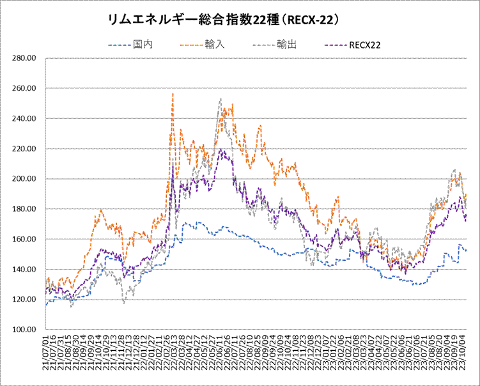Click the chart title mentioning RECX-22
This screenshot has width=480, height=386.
pos(224,20)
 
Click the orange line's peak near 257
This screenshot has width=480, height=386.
pos(173,94)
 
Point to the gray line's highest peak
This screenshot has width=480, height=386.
pos(220,99)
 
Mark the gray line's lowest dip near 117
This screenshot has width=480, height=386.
pos(123,303)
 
